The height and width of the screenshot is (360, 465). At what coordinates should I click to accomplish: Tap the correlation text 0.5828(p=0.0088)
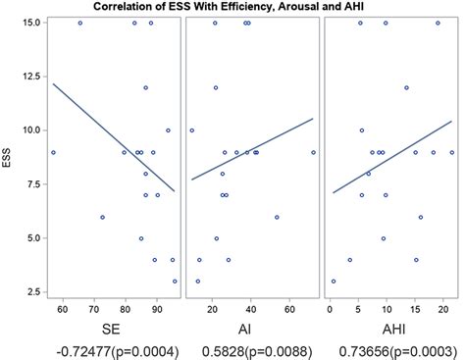coord(251,349)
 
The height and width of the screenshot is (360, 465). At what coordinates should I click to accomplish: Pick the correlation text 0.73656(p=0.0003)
coord(389,349)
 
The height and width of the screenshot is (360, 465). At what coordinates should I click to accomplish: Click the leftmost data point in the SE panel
coord(53,152)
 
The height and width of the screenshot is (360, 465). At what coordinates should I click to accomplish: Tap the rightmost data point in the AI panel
coord(313,152)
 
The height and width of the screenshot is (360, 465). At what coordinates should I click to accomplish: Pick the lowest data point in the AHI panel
coord(334,281)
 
